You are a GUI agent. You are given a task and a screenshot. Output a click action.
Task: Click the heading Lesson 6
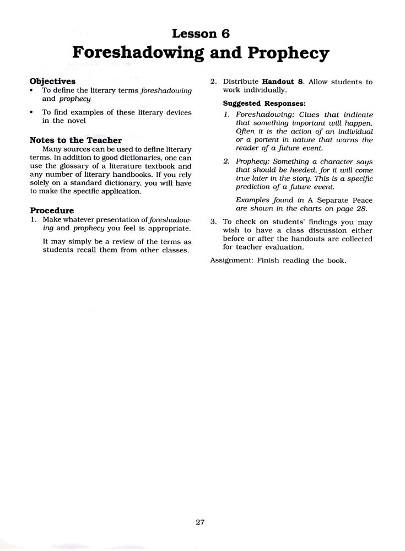(x=201, y=34)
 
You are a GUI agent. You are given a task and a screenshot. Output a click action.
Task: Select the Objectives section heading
(x=52, y=81)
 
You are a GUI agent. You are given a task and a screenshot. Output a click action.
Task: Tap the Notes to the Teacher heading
(x=75, y=141)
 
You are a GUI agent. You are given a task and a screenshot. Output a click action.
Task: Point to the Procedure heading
(x=51, y=210)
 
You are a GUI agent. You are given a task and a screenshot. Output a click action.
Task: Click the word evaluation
(x=284, y=247)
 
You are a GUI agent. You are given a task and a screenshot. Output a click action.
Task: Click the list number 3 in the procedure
(x=213, y=222)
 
